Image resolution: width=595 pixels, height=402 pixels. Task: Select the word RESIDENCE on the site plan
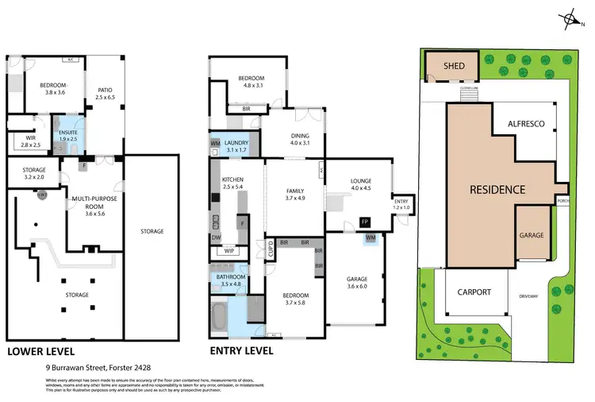click(x=497, y=190)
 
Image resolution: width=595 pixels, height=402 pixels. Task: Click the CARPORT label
click(x=474, y=292)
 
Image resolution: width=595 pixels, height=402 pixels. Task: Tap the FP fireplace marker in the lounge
click(x=365, y=222)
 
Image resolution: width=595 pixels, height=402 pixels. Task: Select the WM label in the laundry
click(x=215, y=143)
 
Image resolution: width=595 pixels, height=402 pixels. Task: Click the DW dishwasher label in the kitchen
click(x=216, y=237)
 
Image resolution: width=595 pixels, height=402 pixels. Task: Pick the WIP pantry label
click(x=229, y=252)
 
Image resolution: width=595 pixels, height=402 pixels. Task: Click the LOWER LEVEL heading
click(x=41, y=350)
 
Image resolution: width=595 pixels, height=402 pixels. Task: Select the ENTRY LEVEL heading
click(x=241, y=350)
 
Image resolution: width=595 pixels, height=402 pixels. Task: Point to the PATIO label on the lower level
click(x=105, y=93)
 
